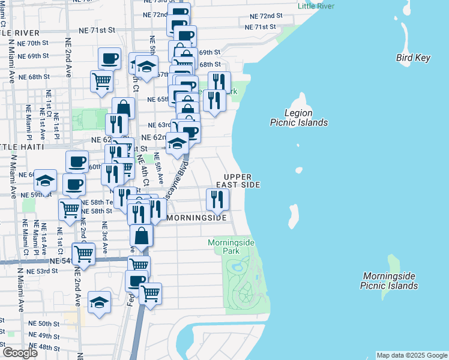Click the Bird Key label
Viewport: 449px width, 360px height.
tap(413, 58)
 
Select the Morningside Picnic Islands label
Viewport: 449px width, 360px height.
tap(389, 281)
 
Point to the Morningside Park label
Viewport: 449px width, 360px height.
tap(231, 246)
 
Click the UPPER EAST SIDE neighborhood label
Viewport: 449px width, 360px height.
tap(242, 181)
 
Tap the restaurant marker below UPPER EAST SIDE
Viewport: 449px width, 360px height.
tap(218, 200)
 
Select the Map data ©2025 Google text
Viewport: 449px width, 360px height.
tap(412, 355)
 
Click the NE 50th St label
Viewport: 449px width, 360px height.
tap(44, 323)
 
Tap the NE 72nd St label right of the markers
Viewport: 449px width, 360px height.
tap(264, 16)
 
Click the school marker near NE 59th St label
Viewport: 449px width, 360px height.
tap(45, 181)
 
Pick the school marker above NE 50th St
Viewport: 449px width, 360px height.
tap(99, 302)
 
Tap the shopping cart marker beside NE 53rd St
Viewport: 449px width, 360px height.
tap(83, 254)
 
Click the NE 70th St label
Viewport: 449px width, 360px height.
tap(34, 44)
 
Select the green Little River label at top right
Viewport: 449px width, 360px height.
tap(315, 7)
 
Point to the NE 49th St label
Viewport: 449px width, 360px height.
tap(44, 335)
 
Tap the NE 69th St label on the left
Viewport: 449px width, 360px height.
tap(34, 56)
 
